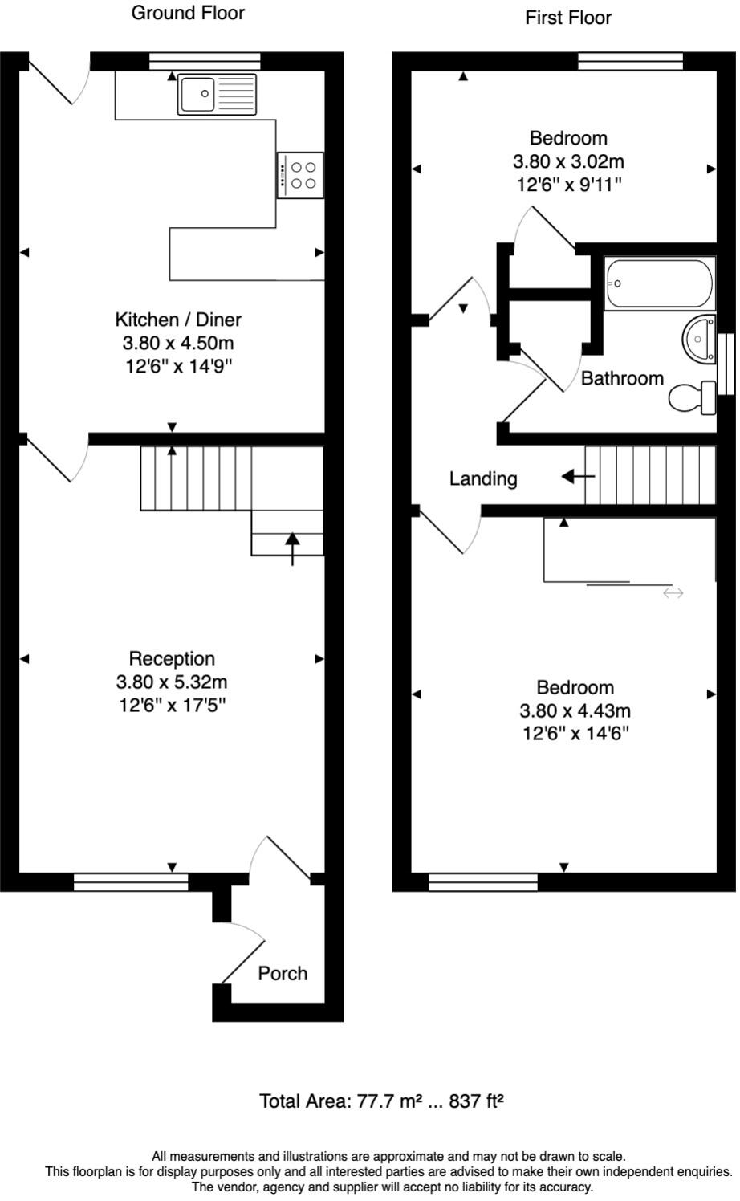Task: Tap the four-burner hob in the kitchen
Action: (300, 175)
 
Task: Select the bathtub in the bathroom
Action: (660, 283)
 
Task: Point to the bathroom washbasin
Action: (699, 339)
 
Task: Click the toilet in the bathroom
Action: (693, 397)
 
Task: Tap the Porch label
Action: (283, 973)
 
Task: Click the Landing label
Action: (482, 479)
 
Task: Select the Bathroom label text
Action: (622, 378)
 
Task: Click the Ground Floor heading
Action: (188, 13)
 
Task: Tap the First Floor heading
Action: (568, 18)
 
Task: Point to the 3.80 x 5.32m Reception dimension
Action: (172, 682)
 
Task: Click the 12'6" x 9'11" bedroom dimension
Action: (568, 185)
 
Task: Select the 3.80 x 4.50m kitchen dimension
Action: (177, 344)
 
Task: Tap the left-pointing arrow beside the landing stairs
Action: (577, 477)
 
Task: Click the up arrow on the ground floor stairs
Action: (292, 548)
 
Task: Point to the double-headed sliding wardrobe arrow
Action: (673, 593)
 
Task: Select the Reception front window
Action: (131, 882)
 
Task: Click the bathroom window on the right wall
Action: (727, 364)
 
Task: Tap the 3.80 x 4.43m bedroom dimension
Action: (575, 710)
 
